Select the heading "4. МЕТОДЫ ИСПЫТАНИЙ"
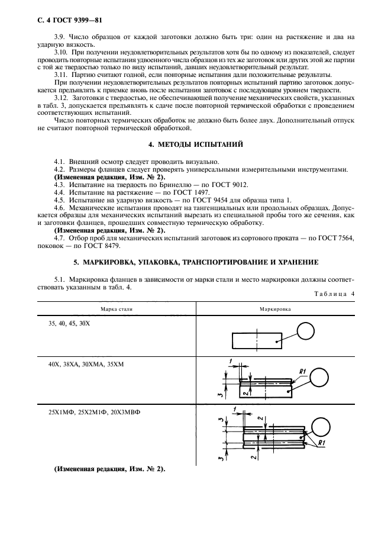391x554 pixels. [x=195, y=144]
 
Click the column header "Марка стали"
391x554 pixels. [x=117, y=309]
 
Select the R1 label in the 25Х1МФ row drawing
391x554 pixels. [x=323, y=442]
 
